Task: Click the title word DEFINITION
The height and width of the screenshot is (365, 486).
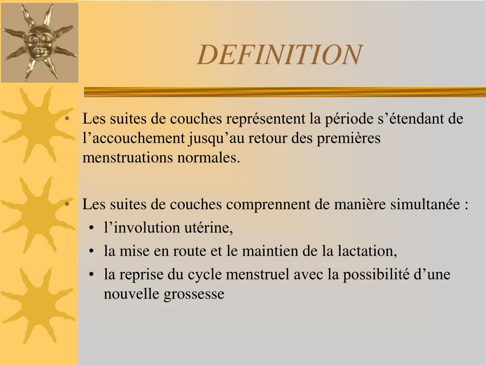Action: click(x=280, y=55)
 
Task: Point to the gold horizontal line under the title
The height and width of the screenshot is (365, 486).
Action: click(x=285, y=92)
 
